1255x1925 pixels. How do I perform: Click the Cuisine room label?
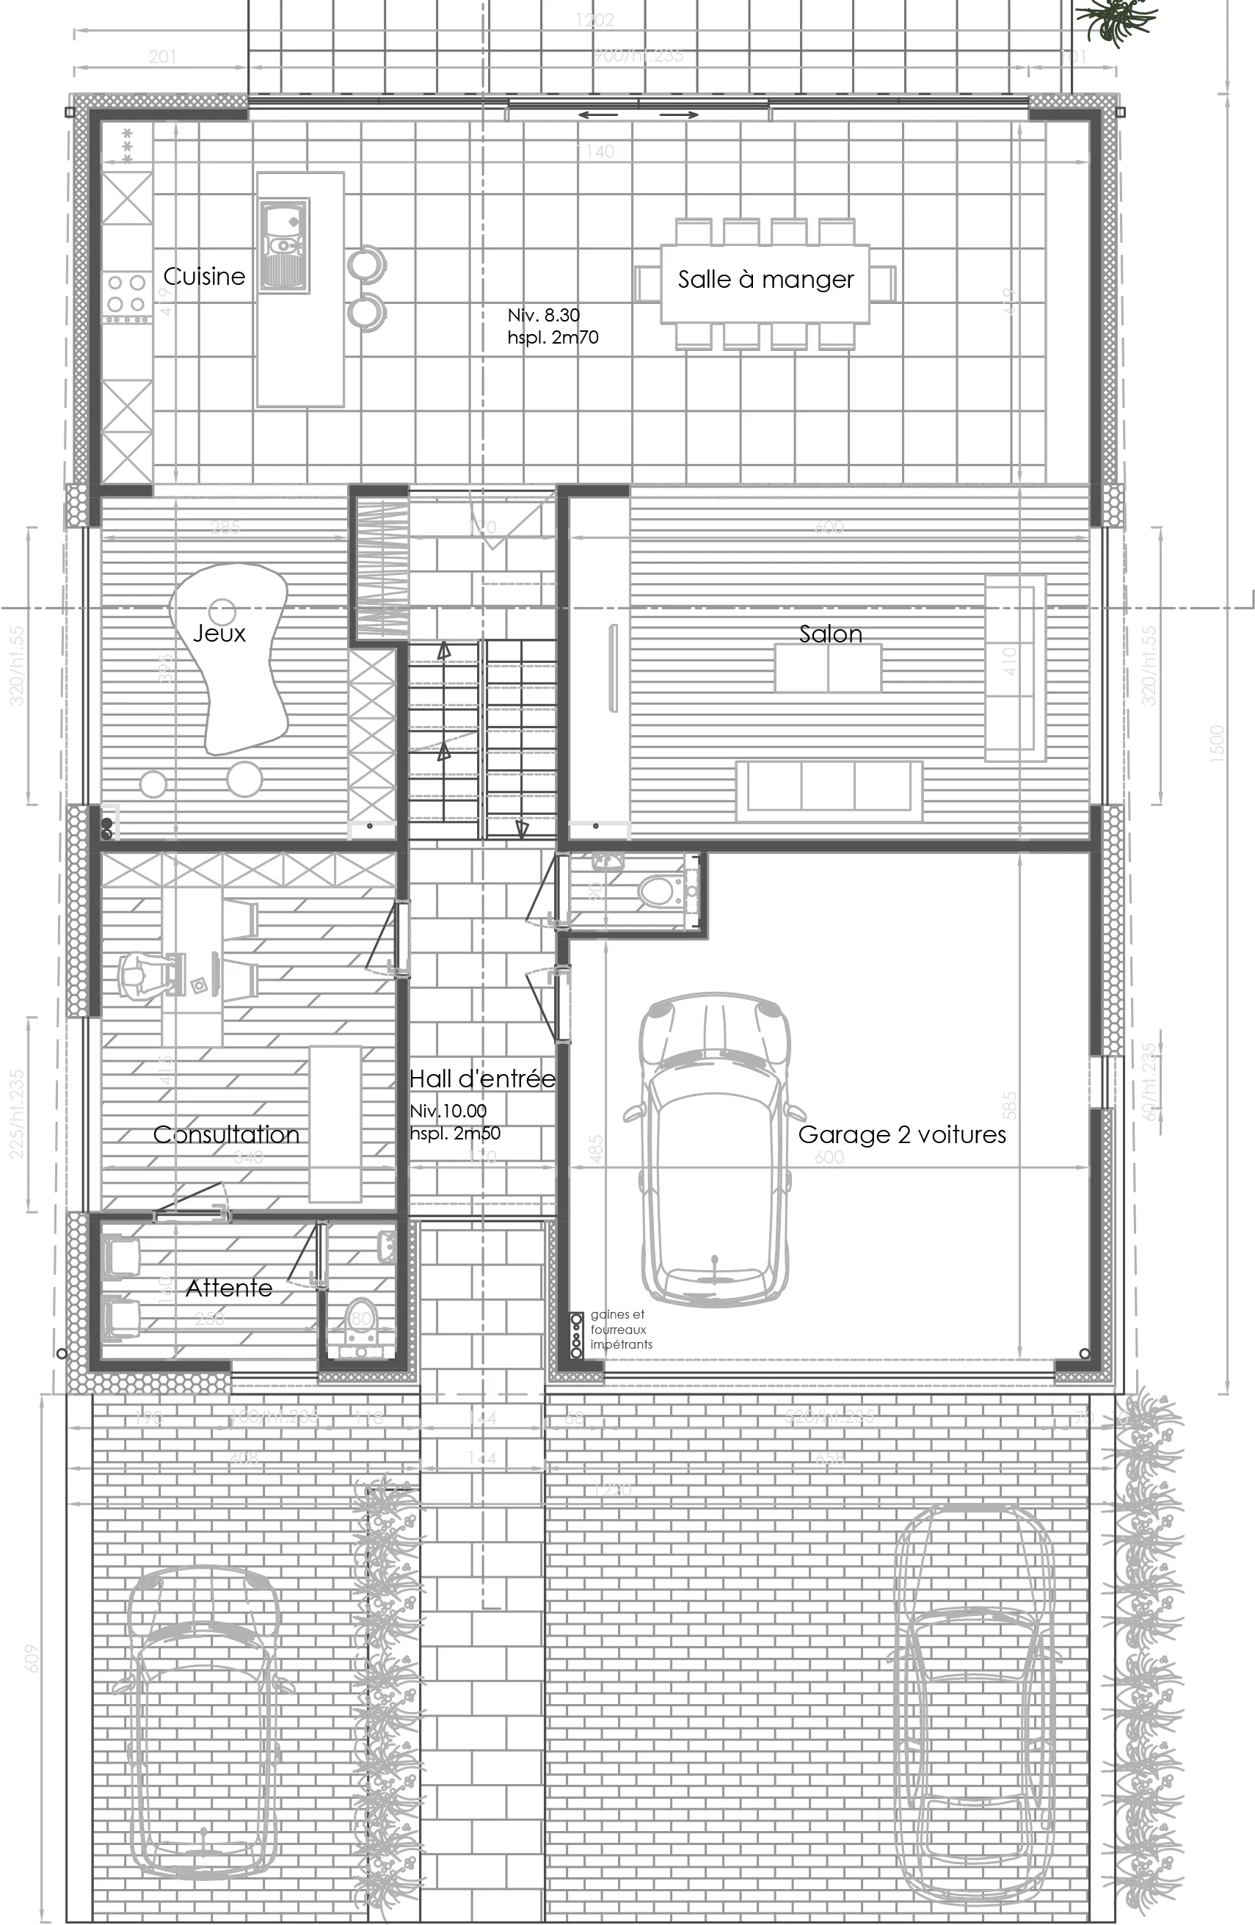[204, 277]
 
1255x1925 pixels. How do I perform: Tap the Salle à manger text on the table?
[765, 280]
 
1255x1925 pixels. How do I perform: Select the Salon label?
[831, 634]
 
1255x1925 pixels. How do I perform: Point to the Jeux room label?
[219, 633]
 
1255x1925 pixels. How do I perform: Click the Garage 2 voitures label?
[902, 1135]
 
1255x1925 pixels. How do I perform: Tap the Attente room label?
[229, 1288]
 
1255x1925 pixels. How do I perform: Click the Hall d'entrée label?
[482, 1079]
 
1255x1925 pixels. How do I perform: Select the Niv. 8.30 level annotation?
[543, 316]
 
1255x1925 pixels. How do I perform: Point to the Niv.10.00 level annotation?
[448, 1112]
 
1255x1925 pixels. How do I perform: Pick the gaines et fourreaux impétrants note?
[620, 1330]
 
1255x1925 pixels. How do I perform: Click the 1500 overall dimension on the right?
[1218, 742]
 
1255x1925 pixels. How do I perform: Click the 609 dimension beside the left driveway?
[32, 1657]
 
